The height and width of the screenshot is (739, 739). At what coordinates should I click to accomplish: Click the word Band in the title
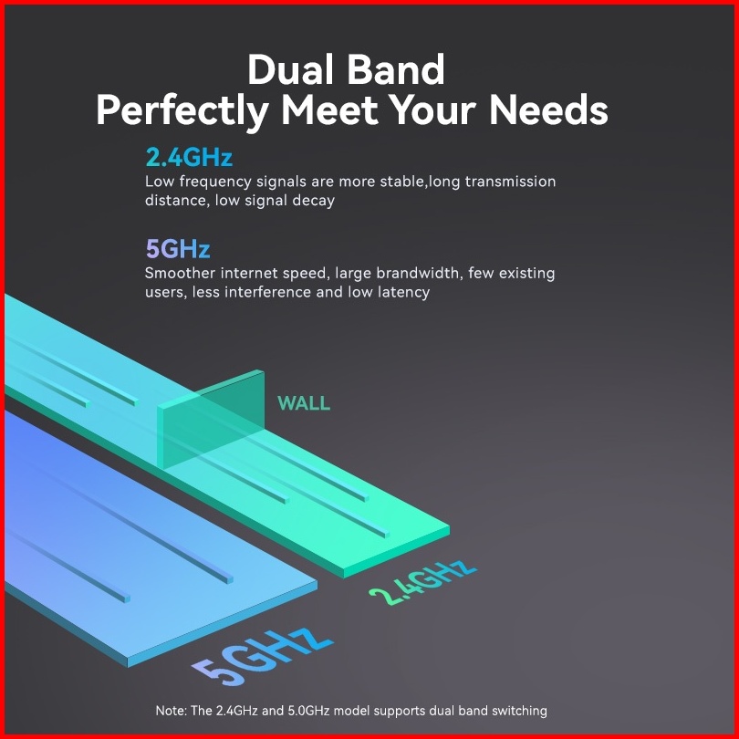[396, 69]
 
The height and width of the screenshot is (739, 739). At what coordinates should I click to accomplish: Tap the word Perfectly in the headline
[182, 111]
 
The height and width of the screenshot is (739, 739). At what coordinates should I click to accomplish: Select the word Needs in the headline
[548, 109]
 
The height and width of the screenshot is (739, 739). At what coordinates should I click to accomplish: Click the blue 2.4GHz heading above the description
[189, 157]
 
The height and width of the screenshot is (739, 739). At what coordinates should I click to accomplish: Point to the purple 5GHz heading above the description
[178, 248]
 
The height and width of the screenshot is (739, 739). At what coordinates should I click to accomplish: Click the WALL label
[304, 403]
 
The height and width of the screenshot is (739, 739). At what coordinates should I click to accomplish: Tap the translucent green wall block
[211, 420]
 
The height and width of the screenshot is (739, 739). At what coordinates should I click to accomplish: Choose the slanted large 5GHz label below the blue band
[263, 656]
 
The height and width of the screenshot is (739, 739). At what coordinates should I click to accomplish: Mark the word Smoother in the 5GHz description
[180, 273]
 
